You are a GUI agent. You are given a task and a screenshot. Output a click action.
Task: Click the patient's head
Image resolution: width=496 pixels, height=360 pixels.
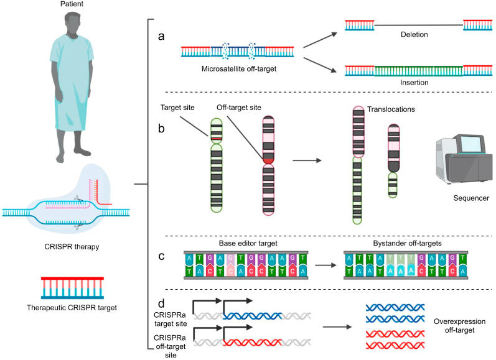point(72,23)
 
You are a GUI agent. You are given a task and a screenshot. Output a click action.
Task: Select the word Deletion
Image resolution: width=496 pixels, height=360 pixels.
point(414,34)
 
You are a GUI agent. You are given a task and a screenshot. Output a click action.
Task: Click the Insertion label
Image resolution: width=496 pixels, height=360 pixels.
point(414,83)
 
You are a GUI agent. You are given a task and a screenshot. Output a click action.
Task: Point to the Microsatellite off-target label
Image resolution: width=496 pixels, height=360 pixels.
point(239,69)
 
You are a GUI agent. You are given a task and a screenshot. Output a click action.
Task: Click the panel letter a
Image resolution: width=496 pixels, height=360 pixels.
point(161,36)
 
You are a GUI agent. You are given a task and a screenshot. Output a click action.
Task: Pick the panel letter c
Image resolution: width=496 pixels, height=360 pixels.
point(161,256)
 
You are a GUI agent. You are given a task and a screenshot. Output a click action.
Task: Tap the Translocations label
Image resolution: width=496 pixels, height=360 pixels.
point(391,109)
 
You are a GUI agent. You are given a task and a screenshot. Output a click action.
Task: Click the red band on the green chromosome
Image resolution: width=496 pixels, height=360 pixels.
point(217,139)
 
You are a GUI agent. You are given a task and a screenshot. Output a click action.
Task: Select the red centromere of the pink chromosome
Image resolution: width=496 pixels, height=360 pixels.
point(268,160)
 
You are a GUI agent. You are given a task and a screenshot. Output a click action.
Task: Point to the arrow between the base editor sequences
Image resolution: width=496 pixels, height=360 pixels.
point(326,265)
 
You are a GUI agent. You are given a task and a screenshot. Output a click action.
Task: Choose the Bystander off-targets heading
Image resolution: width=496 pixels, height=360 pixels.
point(407,243)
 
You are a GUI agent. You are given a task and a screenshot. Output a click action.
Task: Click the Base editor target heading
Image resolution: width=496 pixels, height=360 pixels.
point(248,243)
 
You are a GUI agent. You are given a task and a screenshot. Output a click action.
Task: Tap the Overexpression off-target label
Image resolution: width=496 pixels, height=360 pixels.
point(459,326)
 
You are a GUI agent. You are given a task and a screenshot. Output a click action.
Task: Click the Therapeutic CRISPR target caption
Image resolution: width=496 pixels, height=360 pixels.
point(72,308)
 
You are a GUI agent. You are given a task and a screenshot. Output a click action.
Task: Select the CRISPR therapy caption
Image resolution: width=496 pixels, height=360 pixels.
point(72,247)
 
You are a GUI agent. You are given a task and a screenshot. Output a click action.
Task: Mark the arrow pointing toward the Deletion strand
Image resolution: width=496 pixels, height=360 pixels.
point(321,40)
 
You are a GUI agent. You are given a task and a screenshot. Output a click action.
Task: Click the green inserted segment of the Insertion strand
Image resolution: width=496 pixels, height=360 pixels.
point(418,71)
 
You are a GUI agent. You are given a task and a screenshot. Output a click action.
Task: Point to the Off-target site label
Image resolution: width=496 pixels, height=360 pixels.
point(239,108)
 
